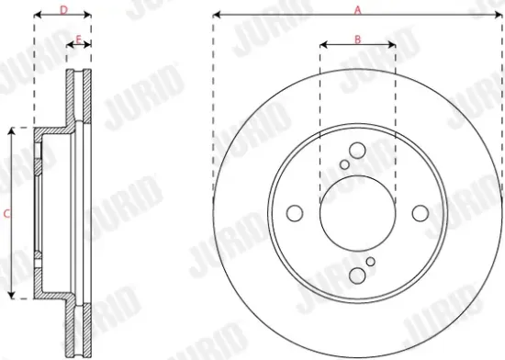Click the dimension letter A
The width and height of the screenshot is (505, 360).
coord(358,8)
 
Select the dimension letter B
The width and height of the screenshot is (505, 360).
coord(358,38)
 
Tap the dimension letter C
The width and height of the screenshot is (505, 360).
coord(6,213)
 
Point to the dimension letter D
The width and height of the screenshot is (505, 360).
coord(62,9)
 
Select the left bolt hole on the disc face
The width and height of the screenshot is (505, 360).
coord(295,213)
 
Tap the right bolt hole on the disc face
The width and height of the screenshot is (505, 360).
coord(421,213)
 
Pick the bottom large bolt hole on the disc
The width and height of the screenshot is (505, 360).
coord(357,274)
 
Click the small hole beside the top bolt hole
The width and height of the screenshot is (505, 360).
coord(344,164)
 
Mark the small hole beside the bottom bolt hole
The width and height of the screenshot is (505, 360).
coord(371,262)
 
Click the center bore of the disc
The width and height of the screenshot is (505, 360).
coord(357,213)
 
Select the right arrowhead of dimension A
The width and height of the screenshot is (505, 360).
coord(499,16)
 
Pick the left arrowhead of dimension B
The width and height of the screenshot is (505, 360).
coord(322,44)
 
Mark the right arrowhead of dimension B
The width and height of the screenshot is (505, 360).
coord(393,44)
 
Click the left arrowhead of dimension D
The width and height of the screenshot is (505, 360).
coord(37,16)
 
